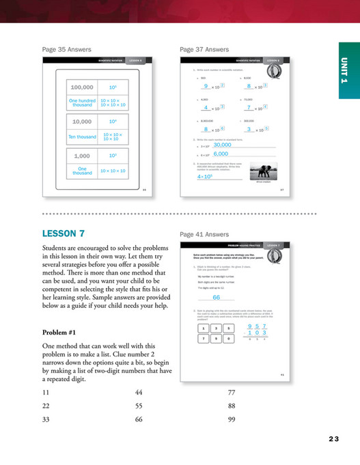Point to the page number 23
tap(333, 439)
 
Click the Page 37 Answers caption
tap(204, 49)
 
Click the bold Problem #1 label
tap(61, 333)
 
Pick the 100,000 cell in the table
tap(82, 88)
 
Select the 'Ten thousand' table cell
tap(82, 137)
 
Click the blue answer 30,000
tap(222, 145)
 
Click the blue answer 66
tap(216, 297)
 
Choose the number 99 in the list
tap(232, 419)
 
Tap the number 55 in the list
tap(139, 406)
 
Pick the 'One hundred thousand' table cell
tap(82, 102)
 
